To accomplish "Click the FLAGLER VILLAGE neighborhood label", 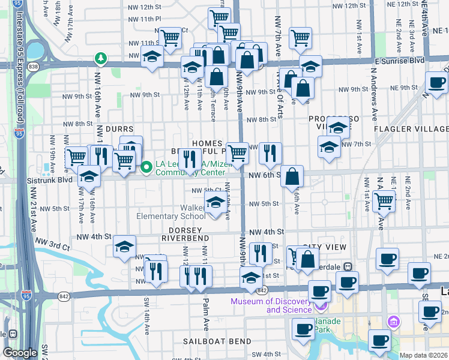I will tap(411, 129).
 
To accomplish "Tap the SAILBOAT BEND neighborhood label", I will tap(217, 341).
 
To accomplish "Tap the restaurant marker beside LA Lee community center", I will tap(190, 160).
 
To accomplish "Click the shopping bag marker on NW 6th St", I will tap(292, 176).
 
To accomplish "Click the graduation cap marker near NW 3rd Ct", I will tap(124, 247).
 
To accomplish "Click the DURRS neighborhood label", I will tap(118, 128).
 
